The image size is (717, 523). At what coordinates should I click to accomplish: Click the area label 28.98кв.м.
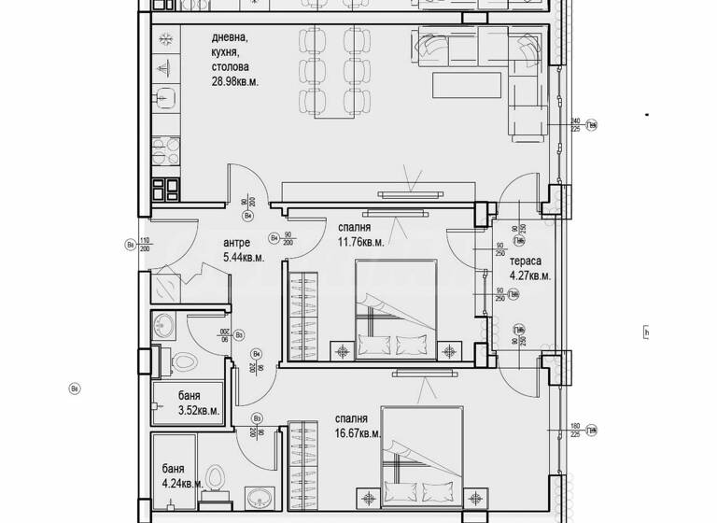click(x=234, y=82)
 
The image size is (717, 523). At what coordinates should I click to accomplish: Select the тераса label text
click(x=527, y=261)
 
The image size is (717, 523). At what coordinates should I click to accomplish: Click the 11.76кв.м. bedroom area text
click(x=358, y=242)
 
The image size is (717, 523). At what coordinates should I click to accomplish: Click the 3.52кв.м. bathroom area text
click(x=197, y=409)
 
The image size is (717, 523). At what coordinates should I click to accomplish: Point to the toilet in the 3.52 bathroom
click(x=183, y=360)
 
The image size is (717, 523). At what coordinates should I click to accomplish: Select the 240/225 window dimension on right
click(x=575, y=125)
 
